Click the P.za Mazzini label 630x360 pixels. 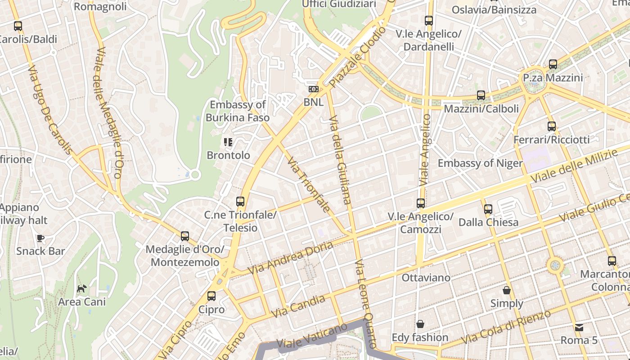(x=553, y=78)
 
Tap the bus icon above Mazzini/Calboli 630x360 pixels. (x=481, y=95)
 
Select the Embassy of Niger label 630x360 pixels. (x=480, y=163)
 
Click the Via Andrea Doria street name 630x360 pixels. (x=290, y=258)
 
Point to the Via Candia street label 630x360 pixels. (x=298, y=306)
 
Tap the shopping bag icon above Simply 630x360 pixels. (x=507, y=290)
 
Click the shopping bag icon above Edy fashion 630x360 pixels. (x=420, y=324)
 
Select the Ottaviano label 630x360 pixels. (x=426, y=278)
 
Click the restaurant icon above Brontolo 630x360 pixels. (x=228, y=142)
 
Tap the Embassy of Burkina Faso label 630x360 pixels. (x=238, y=111)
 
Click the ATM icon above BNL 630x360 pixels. (x=313, y=90)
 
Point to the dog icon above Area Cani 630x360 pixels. (x=81, y=288)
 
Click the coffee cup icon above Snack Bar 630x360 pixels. (x=40, y=238)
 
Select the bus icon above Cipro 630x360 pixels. (x=211, y=296)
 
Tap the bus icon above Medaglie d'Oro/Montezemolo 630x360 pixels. (x=184, y=236)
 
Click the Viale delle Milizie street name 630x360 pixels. (x=574, y=166)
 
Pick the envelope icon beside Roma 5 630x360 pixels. (x=579, y=327)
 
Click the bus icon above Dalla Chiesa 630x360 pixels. (x=488, y=209)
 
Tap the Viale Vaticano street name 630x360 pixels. (x=312, y=335)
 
